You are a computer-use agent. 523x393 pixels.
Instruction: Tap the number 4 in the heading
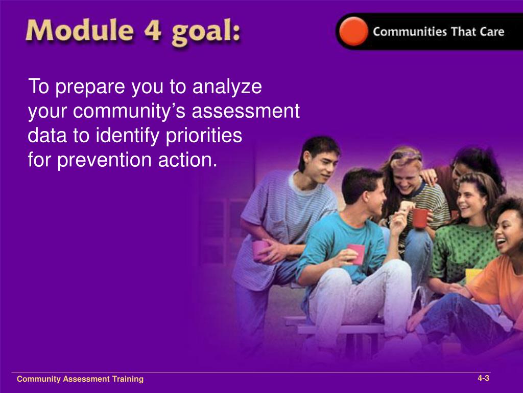click(153, 31)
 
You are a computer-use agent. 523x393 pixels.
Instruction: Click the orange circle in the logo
click(353, 31)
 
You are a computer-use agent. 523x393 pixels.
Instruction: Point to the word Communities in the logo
click(410, 32)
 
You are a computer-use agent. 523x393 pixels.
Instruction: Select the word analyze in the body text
click(227, 87)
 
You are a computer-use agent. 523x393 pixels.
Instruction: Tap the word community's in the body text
click(129, 111)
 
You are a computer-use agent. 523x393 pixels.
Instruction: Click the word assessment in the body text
click(246, 112)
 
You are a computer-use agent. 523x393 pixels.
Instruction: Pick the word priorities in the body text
click(204, 136)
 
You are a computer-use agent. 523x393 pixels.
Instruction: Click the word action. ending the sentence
click(188, 160)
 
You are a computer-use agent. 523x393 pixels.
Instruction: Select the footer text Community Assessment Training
click(80, 379)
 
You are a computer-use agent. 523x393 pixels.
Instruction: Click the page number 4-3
click(483, 378)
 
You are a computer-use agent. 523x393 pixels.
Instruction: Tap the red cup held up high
click(419, 217)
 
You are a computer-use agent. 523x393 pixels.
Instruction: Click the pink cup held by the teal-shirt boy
click(356, 253)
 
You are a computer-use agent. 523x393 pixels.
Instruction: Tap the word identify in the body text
click(128, 136)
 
